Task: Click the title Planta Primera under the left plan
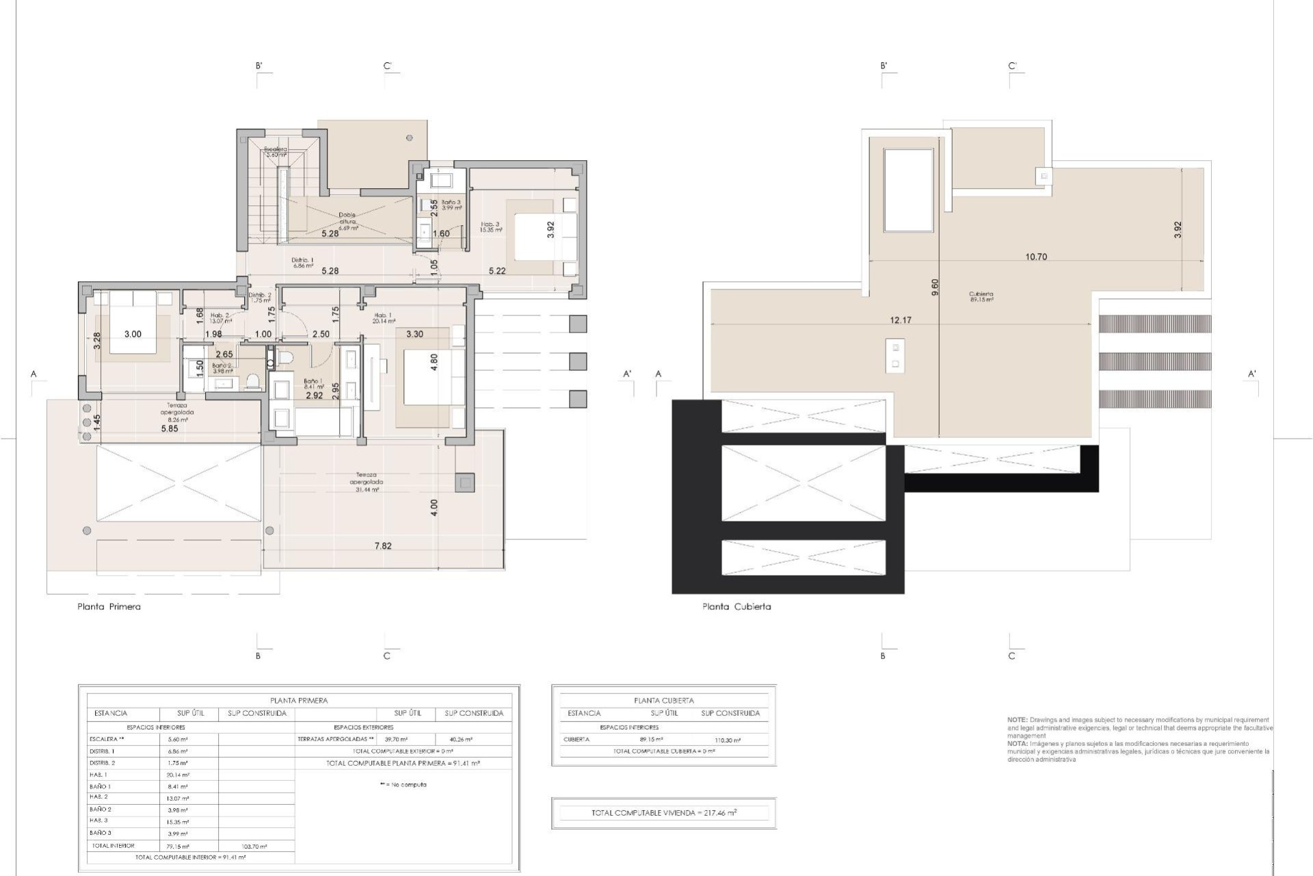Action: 109,606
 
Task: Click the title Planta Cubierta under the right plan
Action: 737,606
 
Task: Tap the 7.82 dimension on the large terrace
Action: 383,546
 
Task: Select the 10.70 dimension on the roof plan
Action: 1036,257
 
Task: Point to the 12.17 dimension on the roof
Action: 901,320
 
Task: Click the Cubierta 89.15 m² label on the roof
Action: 981,296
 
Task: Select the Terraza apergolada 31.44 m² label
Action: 366,482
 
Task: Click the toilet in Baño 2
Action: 253,381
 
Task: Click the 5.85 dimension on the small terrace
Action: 169,429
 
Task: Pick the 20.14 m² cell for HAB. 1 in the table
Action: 178,775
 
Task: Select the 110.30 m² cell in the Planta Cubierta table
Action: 729,740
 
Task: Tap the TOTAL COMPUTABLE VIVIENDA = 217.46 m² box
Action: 663,813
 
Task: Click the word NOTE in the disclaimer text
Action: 1017,720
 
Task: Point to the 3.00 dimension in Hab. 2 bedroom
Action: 133,334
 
